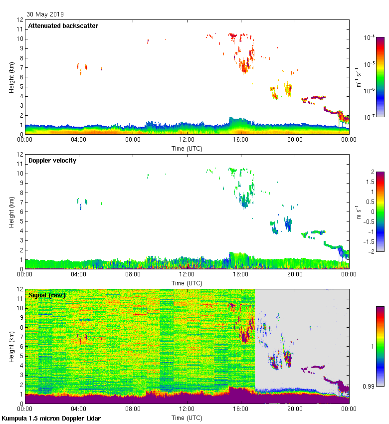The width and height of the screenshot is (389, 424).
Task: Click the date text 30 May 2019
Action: tap(45, 14)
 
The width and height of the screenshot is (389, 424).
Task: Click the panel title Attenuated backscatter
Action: tap(63, 26)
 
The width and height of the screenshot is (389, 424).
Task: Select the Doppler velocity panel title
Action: tap(52, 161)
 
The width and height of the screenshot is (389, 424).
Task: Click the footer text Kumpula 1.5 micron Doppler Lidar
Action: tap(51, 419)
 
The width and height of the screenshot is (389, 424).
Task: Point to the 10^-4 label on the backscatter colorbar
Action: tap(370, 37)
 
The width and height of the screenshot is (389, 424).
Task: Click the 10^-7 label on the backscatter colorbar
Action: tap(370, 117)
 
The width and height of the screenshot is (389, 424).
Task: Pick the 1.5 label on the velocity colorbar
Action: tap(370, 182)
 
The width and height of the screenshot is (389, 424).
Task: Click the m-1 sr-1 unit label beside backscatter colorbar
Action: tap(359, 77)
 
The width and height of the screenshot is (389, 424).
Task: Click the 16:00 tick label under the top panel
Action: tap(241, 140)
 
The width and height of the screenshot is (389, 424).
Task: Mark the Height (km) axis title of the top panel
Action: tap(11, 77)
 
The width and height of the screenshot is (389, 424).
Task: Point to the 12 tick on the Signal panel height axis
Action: tap(20, 289)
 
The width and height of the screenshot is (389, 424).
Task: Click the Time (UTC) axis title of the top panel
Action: tap(187, 148)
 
